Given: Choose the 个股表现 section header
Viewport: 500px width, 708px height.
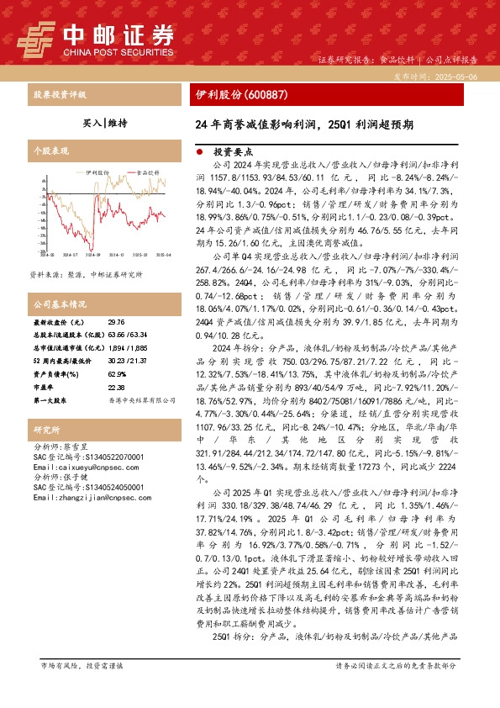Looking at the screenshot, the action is point(48,151).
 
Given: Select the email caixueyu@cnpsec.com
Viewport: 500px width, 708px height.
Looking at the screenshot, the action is point(73,466).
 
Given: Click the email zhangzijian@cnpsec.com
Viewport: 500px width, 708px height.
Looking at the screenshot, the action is point(77,497).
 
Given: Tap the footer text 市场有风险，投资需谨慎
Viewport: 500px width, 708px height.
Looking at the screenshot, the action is point(82,689).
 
